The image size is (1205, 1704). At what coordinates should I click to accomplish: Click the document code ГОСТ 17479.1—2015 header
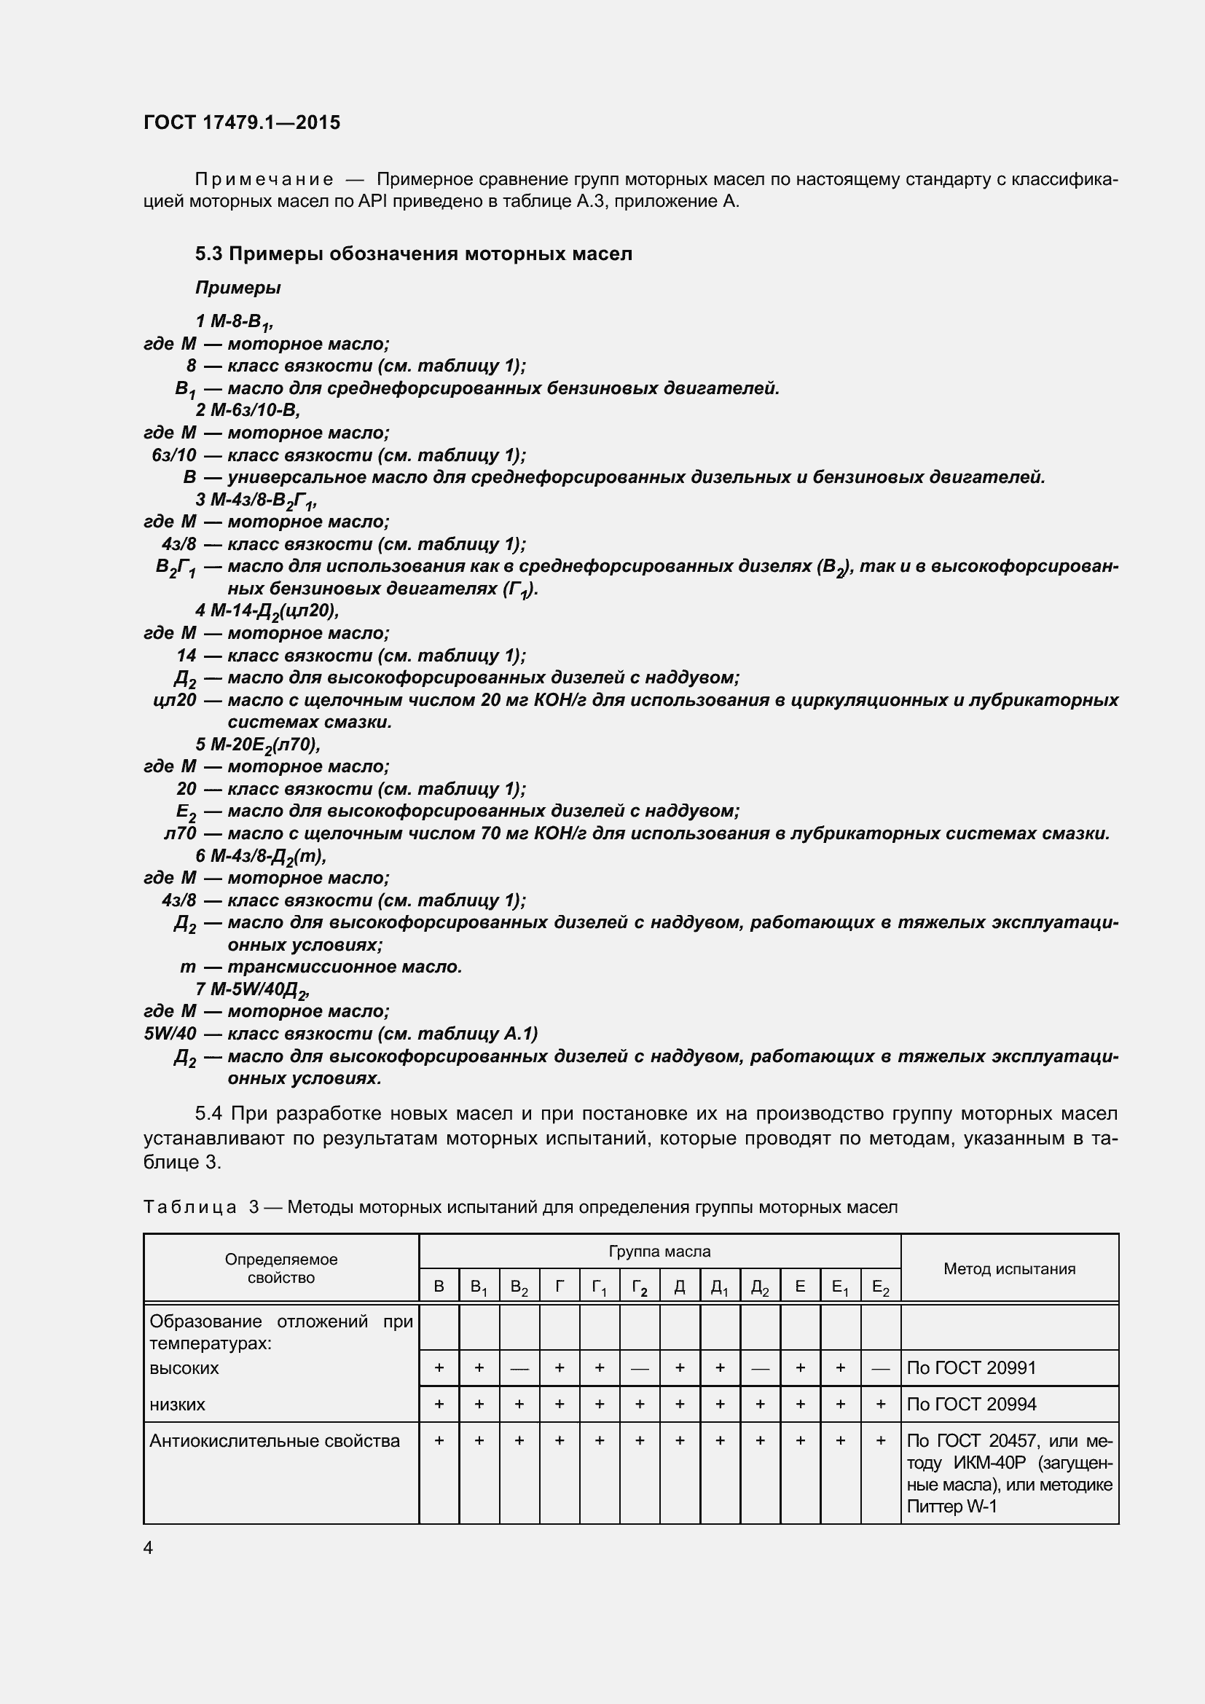pos(242,122)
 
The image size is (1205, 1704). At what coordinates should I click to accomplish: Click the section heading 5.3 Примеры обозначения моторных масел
pos(413,254)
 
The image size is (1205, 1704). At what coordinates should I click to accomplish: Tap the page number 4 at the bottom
pos(149,1547)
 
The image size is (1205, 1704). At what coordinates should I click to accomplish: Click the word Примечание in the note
pos(264,180)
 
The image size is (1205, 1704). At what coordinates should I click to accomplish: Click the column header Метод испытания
pos(1008,1269)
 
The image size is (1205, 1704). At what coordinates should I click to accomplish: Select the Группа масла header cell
pos(659,1252)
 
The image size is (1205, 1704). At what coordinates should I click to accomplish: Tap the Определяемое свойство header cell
pos(280,1268)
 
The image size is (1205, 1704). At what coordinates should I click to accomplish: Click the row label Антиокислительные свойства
pos(275,1440)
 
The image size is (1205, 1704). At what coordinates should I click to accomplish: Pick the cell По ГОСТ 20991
pos(970,1368)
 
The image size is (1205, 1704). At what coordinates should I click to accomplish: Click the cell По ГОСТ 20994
pos(970,1404)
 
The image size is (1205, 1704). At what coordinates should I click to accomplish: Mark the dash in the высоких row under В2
pos(519,1369)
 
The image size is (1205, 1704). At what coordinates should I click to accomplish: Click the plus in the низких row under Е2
pos(880,1404)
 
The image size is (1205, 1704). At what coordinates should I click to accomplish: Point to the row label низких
pos(177,1404)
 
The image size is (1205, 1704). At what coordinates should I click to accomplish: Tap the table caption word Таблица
pos(190,1207)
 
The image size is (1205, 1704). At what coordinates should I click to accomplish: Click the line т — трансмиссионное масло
pos(322,967)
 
